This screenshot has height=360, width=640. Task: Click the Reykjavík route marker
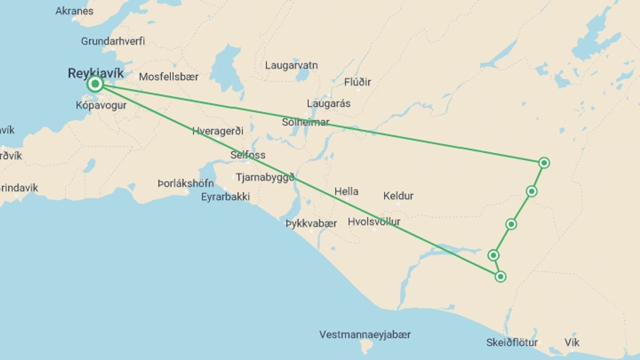point(95,84)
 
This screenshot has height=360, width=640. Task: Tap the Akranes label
point(74,11)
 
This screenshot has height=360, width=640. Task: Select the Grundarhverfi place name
point(113,41)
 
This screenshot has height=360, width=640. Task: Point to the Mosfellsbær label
point(169,77)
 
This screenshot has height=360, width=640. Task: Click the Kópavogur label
point(101,105)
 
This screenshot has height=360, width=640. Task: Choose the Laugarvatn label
point(291,65)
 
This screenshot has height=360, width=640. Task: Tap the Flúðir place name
point(357,82)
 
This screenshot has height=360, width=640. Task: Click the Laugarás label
point(329,104)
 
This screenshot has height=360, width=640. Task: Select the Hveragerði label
point(218,131)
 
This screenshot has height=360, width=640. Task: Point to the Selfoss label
point(248,155)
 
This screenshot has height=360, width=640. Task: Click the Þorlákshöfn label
point(186,183)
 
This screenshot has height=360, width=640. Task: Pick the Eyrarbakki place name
point(225,197)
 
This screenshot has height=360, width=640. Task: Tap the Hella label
point(346,192)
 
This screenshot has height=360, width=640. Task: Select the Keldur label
point(398,196)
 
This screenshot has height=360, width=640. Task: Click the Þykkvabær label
point(311,223)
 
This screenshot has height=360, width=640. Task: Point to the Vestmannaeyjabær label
point(365,334)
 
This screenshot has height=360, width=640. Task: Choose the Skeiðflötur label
point(512,342)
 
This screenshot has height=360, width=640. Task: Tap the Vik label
point(572,342)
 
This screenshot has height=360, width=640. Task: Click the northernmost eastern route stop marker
point(544,163)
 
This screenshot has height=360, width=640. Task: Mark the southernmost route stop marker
point(500,277)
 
